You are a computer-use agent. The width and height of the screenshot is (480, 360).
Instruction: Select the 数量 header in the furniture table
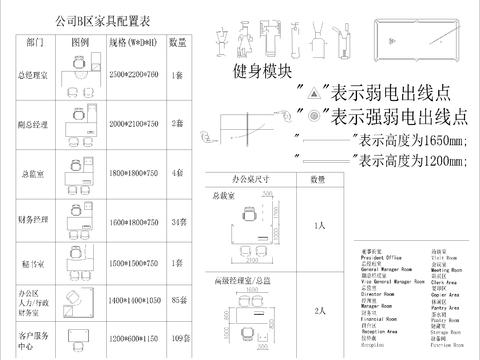[x=176, y=43]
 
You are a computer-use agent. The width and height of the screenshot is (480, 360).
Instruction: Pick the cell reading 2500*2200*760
[x=132, y=75]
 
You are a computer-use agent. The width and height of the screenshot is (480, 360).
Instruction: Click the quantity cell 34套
[x=178, y=218]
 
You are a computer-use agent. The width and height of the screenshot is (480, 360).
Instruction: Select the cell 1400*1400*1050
[x=132, y=299]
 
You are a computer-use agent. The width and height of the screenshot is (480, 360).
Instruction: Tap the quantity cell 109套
[x=178, y=340]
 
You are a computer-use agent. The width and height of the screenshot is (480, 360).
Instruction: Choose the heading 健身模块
[x=262, y=72]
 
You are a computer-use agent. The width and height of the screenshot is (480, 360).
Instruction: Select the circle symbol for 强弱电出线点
[x=313, y=116]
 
